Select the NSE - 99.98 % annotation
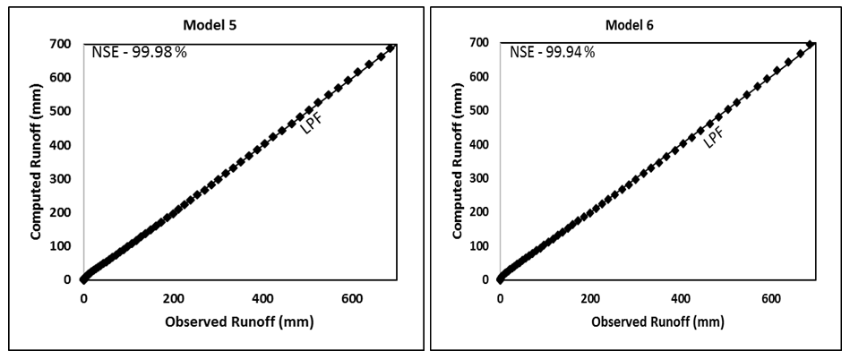(139, 52)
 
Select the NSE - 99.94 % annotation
(553, 52)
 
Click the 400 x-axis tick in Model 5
(262, 298)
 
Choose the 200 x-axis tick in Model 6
(590, 298)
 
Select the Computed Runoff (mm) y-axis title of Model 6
(458, 161)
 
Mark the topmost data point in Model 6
(810, 44)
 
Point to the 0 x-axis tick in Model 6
(501, 298)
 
